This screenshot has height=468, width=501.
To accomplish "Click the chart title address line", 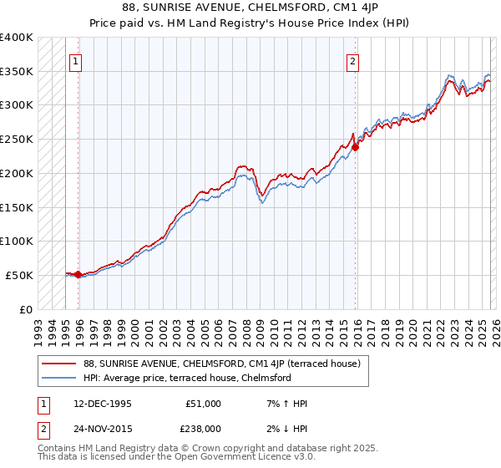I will point(250,8).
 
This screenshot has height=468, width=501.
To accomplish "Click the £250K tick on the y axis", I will point(17,140).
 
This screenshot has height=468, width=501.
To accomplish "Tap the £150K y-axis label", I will point(17,207).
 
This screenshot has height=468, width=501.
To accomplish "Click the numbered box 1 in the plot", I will point(76,61).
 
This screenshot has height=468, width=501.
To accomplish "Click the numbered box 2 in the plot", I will point(353,61).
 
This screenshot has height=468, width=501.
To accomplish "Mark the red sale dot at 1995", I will point(78,274).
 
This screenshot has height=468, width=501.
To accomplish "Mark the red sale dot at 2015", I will point(355,147).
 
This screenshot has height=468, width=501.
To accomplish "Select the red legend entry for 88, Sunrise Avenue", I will point(221,364).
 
